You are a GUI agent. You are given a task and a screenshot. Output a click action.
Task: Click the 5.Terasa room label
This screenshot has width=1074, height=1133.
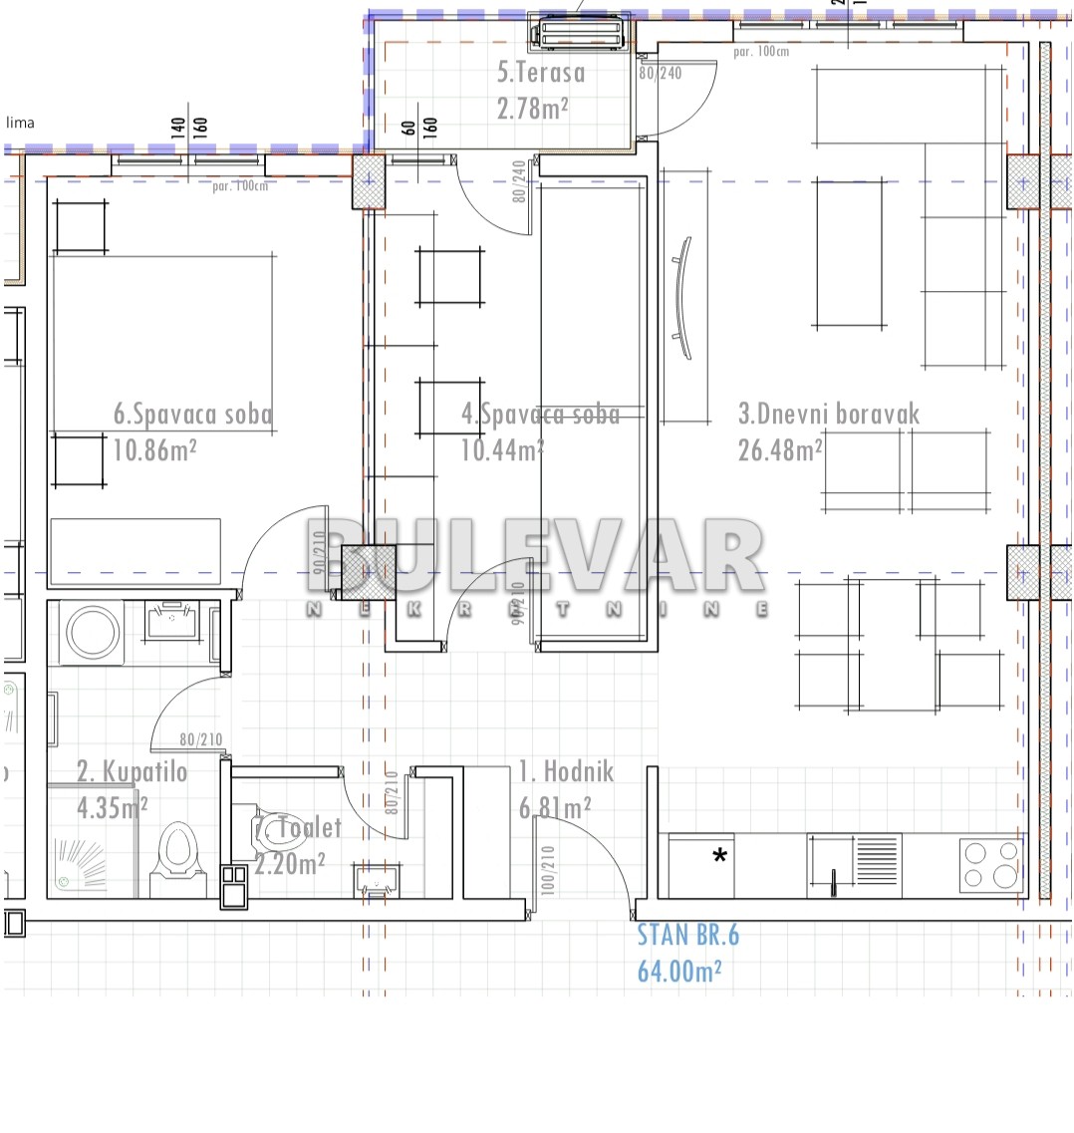[541, 72]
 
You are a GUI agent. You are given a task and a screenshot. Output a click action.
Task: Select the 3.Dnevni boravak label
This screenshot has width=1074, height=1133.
[829, 414]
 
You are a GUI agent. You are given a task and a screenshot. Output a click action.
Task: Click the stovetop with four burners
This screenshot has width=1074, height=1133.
[990, 864]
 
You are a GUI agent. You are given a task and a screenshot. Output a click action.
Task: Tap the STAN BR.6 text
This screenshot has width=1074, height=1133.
[688, 934]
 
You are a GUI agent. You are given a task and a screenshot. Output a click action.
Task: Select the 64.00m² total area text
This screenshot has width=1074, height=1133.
[680, 970]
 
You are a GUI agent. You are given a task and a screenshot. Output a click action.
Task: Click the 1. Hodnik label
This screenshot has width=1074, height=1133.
[566, 771]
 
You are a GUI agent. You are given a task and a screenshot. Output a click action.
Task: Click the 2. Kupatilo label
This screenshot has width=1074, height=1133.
[133, 771]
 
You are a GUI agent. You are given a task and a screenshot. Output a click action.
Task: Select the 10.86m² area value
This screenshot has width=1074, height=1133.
[154, 449]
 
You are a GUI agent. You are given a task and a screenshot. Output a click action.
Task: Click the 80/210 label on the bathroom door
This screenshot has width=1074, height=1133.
[200, 740]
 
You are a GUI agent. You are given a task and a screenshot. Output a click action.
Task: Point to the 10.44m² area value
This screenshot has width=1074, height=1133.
[501, 449]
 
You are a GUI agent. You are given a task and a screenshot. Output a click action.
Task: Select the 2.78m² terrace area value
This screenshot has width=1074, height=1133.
[532, 108]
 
